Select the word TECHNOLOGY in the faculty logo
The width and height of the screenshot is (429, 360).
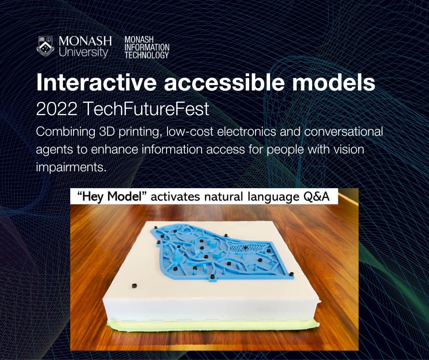(146, 55)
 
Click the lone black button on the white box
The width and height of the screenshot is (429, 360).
(134, 285)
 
